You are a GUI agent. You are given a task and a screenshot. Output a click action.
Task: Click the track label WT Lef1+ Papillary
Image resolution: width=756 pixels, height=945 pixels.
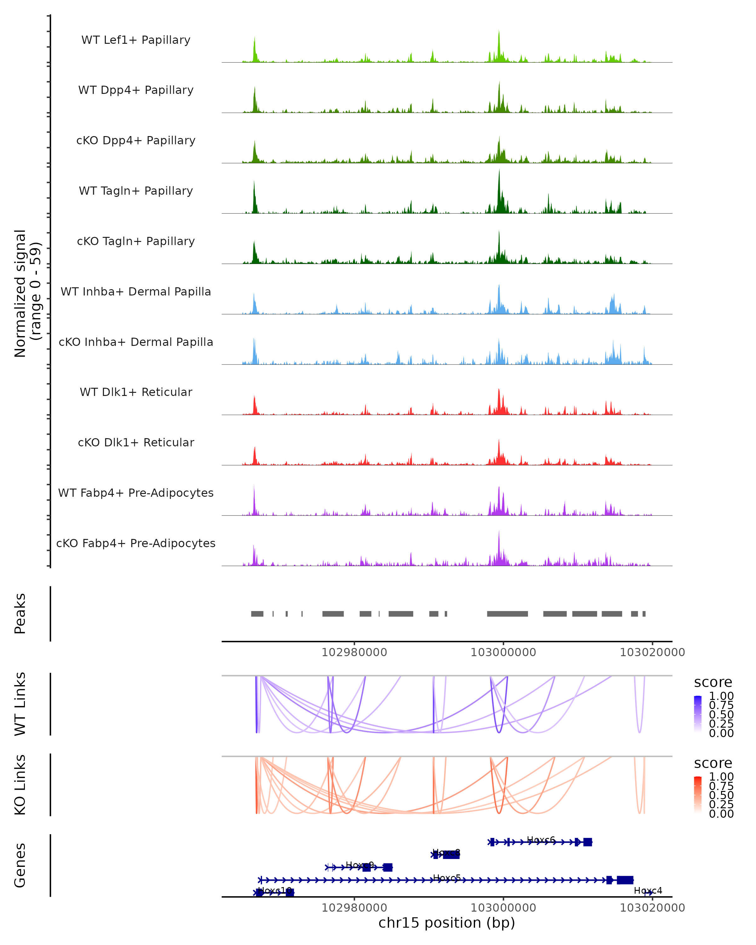pos(136,40)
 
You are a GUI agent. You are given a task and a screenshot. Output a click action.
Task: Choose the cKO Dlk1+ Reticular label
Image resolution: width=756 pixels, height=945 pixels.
pos(136,442)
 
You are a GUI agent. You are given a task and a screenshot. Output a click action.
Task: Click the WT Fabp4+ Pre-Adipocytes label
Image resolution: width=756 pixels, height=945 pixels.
pos(136,493)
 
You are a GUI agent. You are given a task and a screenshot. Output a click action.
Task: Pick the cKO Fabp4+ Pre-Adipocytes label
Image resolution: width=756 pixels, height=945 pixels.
pos(136,543)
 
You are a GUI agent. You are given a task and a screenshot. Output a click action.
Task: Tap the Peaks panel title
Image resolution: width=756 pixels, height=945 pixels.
pos(20,613)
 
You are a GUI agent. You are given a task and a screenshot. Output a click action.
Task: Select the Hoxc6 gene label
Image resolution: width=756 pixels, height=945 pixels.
pos(541,840)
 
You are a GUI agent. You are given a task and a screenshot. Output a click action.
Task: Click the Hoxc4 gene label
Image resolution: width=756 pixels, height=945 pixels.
pos(648,890)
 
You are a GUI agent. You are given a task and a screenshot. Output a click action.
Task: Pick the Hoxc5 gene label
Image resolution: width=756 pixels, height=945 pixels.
pos(447,878)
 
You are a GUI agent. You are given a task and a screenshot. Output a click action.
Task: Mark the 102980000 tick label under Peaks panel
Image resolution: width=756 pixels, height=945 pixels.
pos(354,652)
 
